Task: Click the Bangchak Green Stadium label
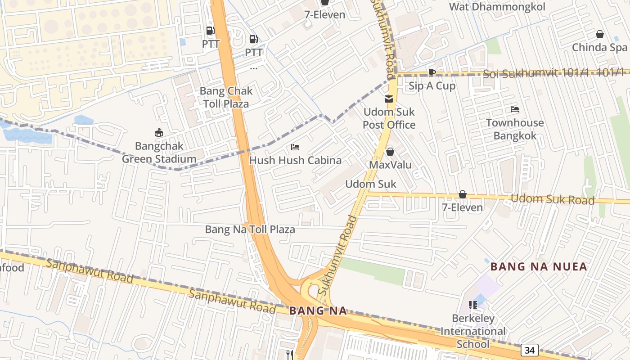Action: click(159, 153)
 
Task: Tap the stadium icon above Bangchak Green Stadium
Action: click(158, 133)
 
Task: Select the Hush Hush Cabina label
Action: click(295, 160)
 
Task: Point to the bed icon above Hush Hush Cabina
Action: click(295, 147)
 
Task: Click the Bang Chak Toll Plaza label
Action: click(226, 97)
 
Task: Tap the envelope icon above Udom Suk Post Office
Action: click(389, 99)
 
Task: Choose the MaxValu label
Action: click(390, 165)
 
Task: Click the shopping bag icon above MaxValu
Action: click(390, 152)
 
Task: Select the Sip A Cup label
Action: click(432, 85)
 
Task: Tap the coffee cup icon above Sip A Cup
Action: click(432, 72)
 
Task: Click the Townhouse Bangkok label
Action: click(515, 129)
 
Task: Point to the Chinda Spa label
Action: click(599, 47)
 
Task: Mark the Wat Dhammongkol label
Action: click(497, 7)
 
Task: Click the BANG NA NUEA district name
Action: click(539, 266)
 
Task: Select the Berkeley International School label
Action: click(472, 331)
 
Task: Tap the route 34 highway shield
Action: click(530, 350)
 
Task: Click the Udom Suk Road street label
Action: click(553, 199)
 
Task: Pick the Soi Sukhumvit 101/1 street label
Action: click(553, 73)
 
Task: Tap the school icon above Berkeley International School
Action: click(472, 305)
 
